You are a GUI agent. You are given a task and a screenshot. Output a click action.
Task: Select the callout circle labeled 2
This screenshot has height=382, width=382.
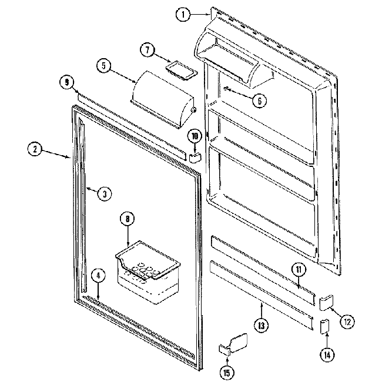point(36,149)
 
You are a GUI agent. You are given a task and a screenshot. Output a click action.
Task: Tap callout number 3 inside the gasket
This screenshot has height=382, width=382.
point(103,193)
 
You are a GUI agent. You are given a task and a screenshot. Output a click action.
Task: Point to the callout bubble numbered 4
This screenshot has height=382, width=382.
point(98,274)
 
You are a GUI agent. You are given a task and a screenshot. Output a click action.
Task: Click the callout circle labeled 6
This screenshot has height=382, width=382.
point(257,100)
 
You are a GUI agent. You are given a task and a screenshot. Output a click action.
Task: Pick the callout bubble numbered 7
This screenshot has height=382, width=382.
point(148,50)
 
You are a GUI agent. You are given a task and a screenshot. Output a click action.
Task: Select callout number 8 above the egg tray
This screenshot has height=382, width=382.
point(127,219)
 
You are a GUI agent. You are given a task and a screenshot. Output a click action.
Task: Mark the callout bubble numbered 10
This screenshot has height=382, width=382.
point(195,136)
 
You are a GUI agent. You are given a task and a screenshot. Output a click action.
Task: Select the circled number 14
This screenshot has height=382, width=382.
point(326,354)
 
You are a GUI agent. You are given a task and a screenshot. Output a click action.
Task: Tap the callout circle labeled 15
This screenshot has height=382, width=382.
point(226,371)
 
